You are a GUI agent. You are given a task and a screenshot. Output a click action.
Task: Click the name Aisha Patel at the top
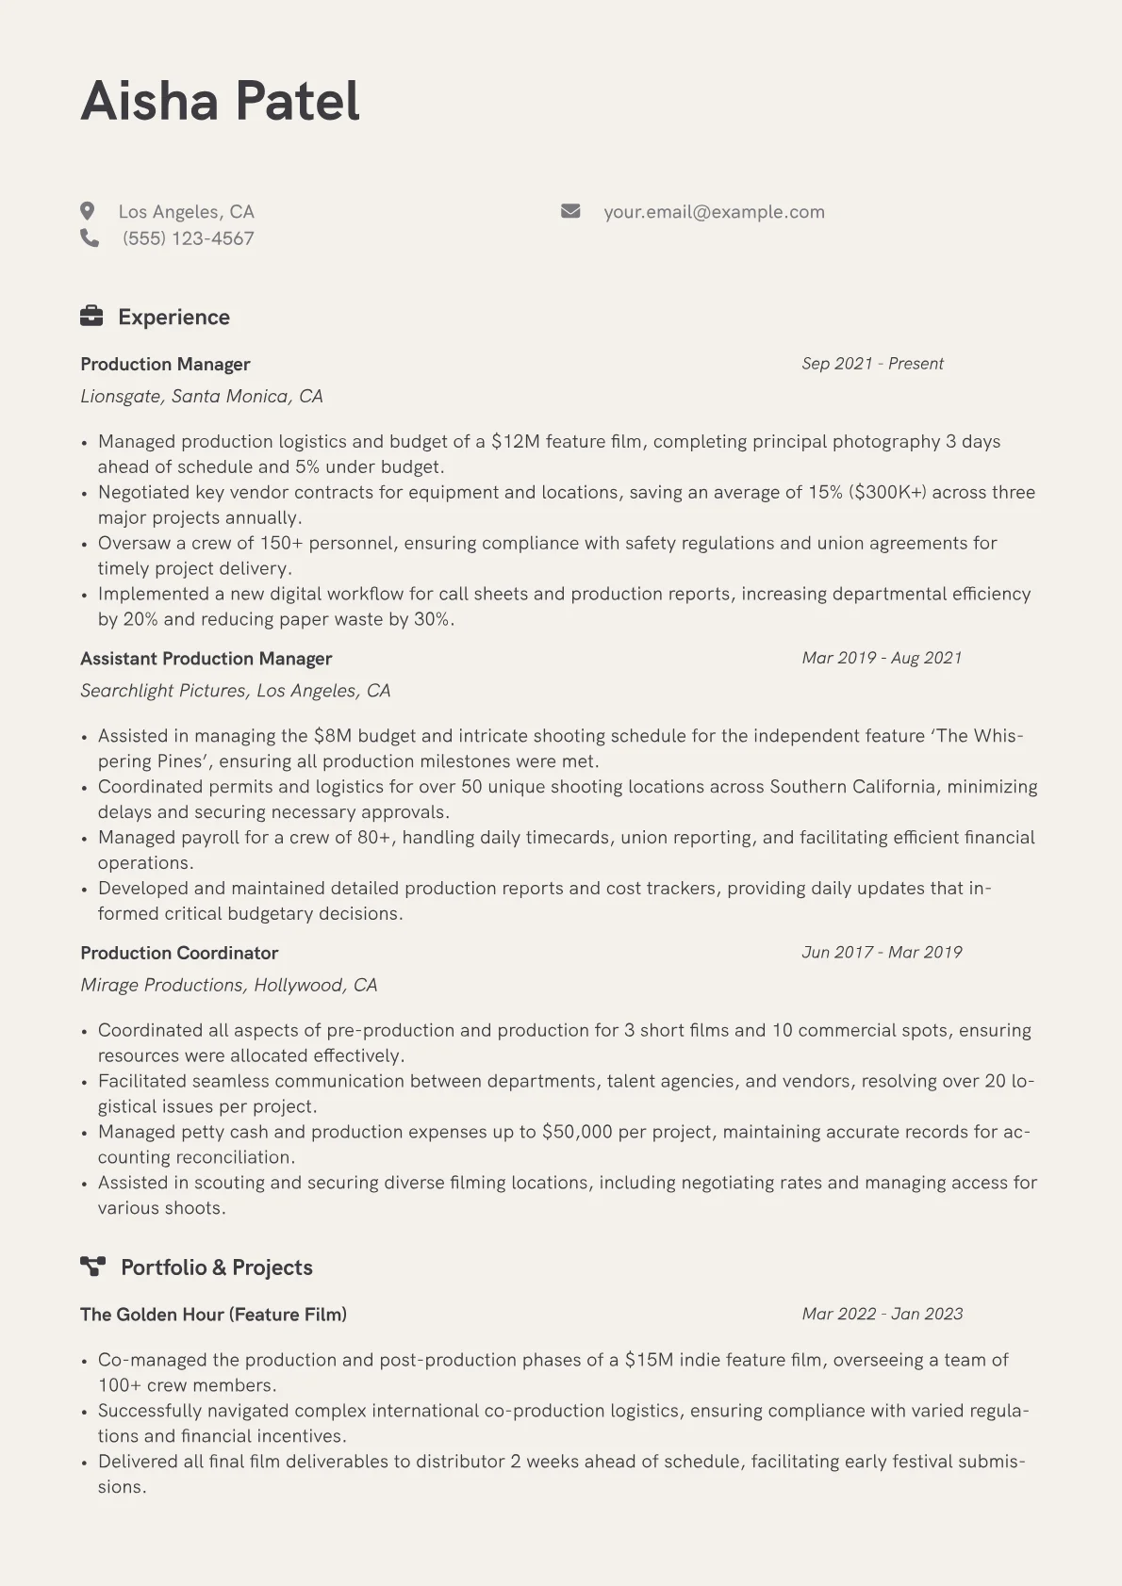pos(220,101)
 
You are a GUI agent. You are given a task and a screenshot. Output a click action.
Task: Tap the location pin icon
pos(88,211)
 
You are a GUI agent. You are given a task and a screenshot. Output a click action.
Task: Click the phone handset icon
pos(90,238)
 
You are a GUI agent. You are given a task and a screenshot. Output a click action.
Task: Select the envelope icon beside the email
pos(570,211)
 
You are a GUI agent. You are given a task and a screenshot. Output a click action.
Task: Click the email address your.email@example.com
pos(714,212)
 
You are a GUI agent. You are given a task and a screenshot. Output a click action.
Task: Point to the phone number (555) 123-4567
pos(188,238)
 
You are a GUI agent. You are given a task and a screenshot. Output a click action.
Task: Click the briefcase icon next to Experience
pos(91,317)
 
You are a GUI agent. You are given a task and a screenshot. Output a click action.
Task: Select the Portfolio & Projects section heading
pos(216,1267)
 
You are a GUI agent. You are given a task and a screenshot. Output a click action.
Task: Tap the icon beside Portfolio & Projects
pos(92,1267)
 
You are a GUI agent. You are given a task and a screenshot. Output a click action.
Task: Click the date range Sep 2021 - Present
pos(872,364)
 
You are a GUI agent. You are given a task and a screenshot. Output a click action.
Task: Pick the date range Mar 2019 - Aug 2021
pos(882,658)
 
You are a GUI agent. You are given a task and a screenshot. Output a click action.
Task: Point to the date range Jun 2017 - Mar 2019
pos(882,952)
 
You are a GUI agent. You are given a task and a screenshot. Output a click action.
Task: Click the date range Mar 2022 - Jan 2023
pos(883,1314)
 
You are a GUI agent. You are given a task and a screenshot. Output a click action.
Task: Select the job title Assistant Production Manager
pos(206,659)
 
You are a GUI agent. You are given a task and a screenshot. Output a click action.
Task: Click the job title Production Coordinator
pos(179,953)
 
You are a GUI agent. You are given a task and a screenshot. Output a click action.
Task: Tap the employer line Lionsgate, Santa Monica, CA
pos(202,397)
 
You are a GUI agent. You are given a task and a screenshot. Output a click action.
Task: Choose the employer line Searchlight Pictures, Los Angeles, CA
pos(235,691)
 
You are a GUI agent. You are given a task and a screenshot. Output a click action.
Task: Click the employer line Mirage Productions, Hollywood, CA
pos(228,985)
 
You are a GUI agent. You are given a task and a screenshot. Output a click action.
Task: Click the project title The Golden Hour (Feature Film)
pos(213,1315)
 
